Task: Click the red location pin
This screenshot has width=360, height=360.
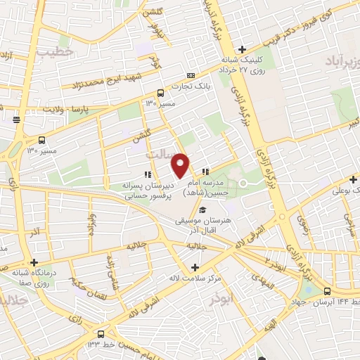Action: [181, 165]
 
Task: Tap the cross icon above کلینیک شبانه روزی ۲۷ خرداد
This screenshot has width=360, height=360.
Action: [242, 49]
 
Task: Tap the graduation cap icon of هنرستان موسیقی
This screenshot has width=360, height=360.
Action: [203, 210]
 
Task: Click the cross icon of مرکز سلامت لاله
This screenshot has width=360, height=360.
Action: [195, 267]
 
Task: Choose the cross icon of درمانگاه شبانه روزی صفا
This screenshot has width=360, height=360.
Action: [33, 262]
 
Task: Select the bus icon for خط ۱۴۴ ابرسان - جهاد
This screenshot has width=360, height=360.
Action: [328, 290]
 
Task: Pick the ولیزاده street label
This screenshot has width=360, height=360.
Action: [91, 228]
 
